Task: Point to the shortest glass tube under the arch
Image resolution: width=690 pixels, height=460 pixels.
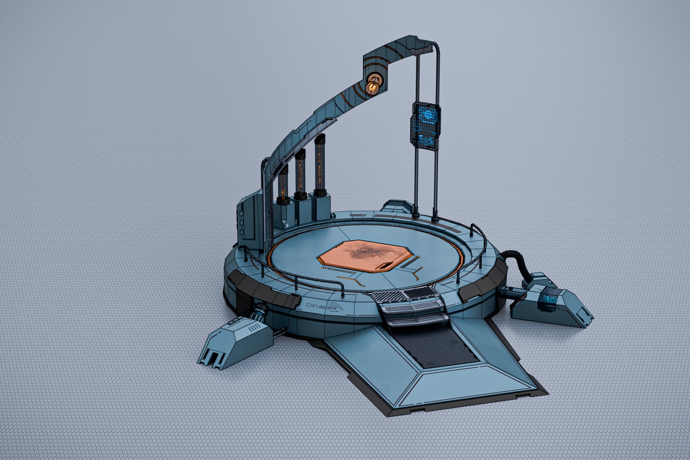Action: [283, 185]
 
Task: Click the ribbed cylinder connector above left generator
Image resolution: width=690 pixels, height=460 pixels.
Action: [259, 311]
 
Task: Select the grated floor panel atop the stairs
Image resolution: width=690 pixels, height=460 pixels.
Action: [403, 294]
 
